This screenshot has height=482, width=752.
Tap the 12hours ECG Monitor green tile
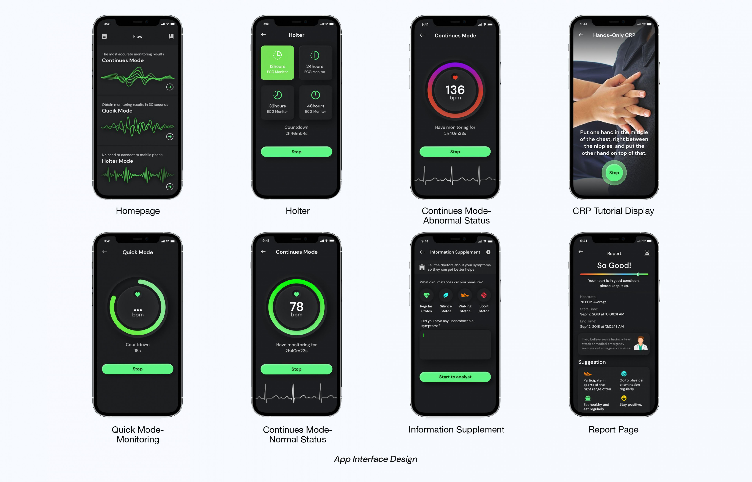[277, 63]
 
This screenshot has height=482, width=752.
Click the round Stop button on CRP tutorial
[614, 173]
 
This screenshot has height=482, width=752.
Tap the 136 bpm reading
[455, 90]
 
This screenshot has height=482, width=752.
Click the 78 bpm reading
[296, 307]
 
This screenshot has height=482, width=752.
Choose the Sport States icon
[484, 295]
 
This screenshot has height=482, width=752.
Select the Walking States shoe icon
[465, 295]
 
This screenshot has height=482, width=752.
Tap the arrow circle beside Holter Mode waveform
[170, 187]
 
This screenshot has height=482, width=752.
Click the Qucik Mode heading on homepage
[117, 111]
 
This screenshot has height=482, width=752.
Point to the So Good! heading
[614, 265]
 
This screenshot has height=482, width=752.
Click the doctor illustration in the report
[640, 343]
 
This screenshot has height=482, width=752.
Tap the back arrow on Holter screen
[263, 35]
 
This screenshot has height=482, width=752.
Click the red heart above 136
[455, 77]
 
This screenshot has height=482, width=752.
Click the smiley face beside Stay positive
[624, 398]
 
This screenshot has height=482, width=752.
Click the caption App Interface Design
[375, 459]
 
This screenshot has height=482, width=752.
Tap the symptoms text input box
[455, 344]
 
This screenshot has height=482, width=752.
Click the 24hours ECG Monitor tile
[315, 63]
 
